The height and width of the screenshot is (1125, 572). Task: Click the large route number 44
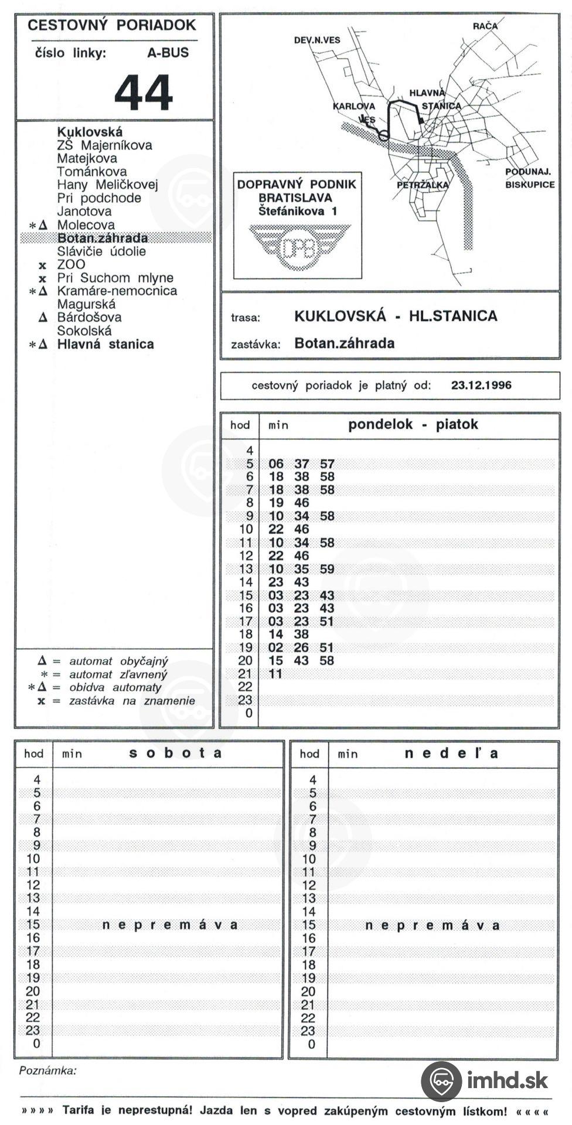click(144, 93)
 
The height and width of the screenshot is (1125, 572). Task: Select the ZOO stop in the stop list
click(71, 264)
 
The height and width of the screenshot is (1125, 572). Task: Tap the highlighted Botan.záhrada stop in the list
click(102, 238)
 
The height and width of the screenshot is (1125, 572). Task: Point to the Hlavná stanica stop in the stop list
click(105, 344)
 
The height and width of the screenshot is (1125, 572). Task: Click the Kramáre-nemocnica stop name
click(117, 291)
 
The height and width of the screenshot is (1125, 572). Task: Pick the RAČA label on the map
click(485, 26)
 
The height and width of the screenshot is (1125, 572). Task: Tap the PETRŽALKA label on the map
click(422, 185)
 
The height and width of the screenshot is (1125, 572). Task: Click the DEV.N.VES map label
click(317, 40)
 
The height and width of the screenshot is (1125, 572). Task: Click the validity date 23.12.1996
click(481, 385)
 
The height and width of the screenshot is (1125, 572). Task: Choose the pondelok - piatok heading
click(413, 424)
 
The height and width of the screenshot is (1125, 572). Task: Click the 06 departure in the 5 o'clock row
click(275, 464)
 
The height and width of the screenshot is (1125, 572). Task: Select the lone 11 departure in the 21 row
click(275, 674)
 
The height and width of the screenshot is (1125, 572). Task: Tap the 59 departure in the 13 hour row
click(327, 569)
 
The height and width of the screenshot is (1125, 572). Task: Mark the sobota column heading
click(175, 753)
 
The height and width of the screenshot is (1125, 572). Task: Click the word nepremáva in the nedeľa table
click(432, 925)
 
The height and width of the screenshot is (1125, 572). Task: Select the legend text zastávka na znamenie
click(132, 701)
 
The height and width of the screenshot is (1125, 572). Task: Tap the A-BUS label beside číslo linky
click(168, 53)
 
